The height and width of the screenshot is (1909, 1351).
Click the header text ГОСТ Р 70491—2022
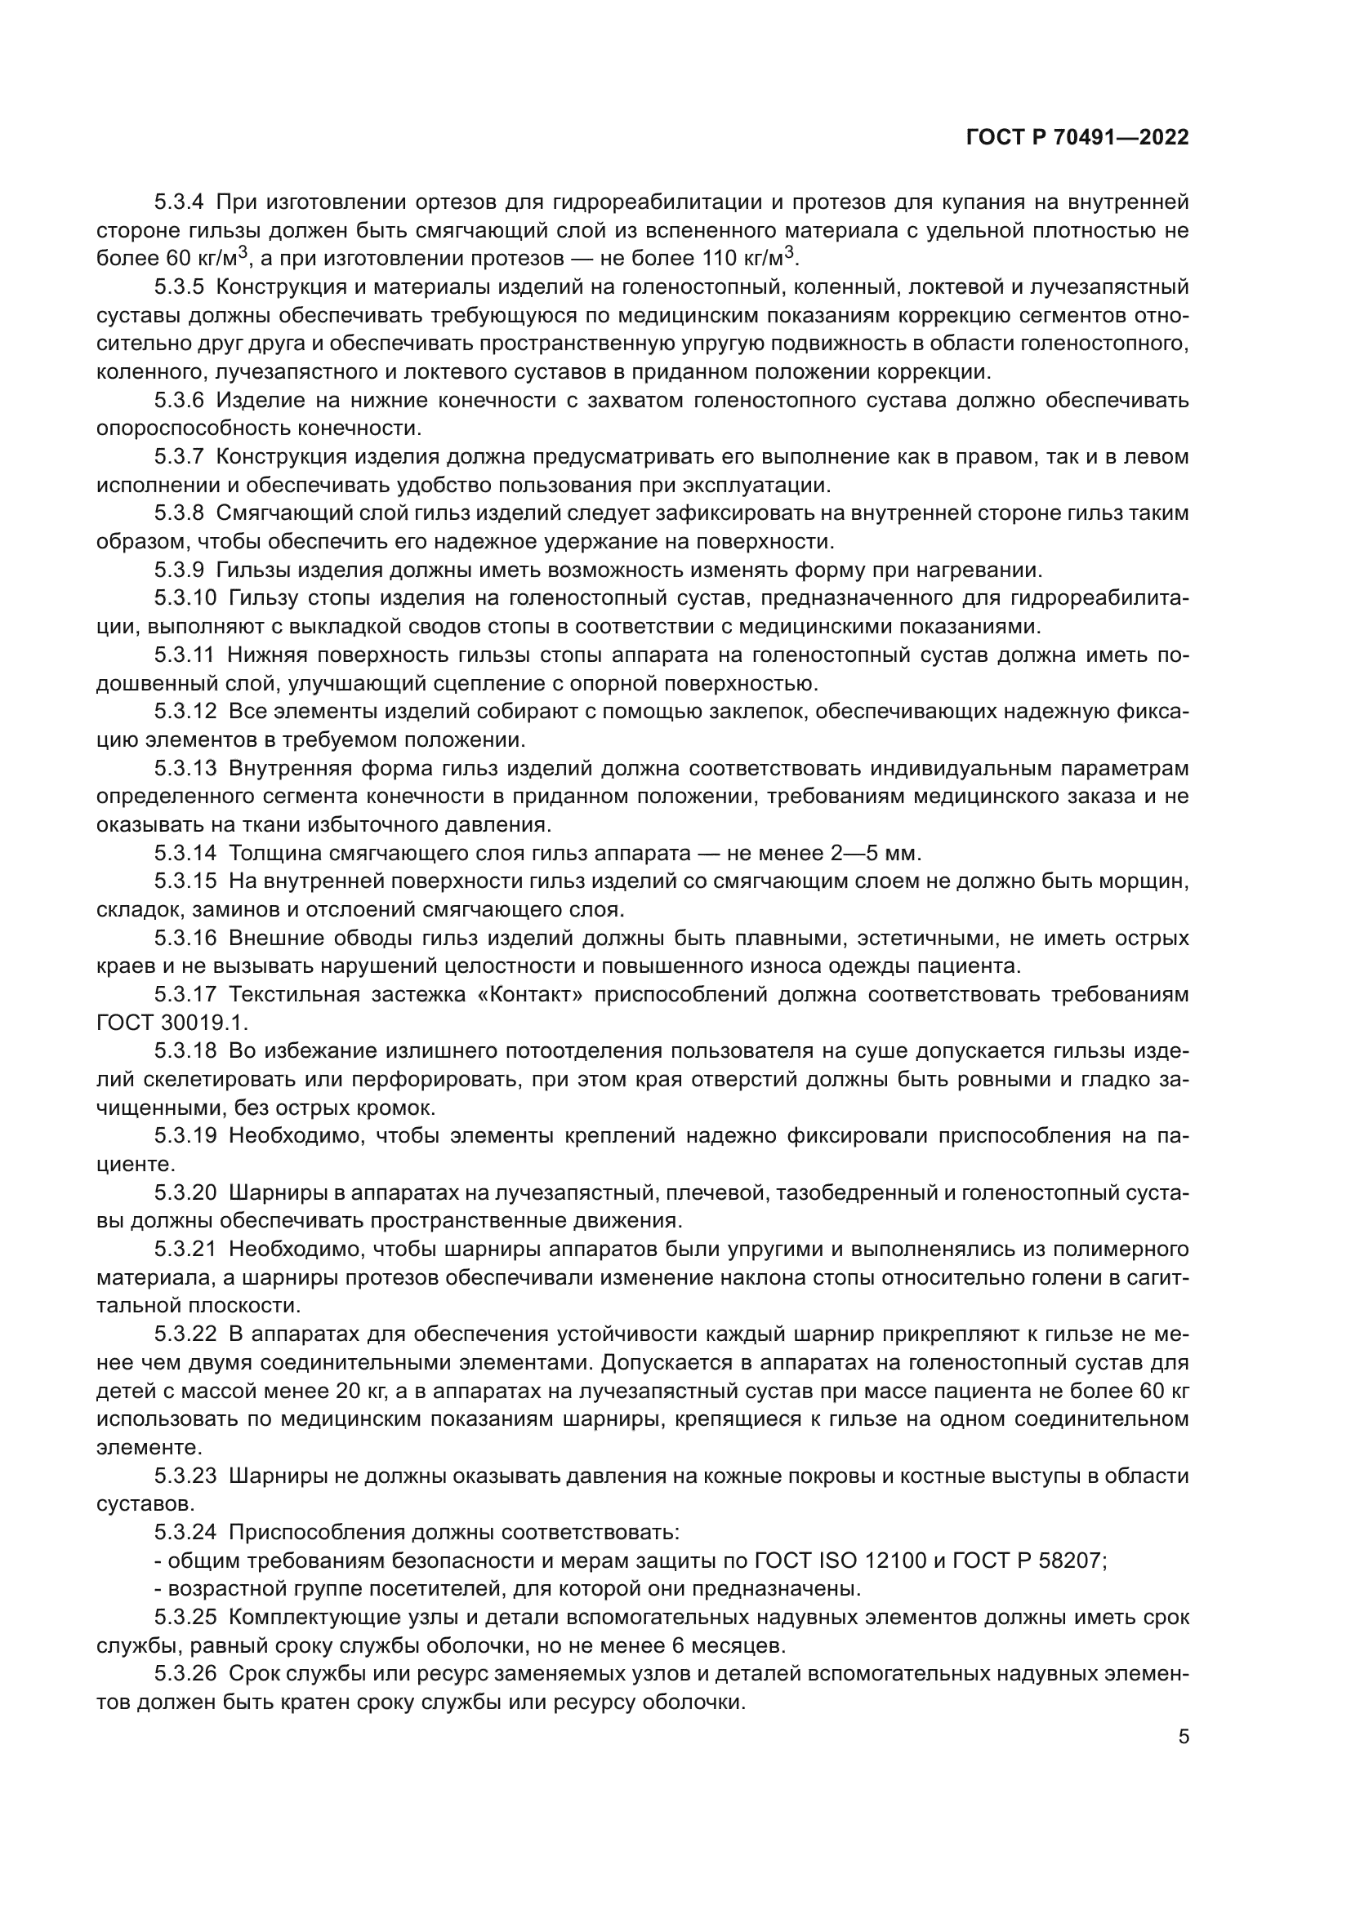point(1077,138)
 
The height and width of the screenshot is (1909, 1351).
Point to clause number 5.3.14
point(185,854)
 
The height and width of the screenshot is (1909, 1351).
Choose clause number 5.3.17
point(185,995)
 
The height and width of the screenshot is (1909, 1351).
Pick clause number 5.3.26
point(185,1674)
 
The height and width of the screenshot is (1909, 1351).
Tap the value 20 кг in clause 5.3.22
point(362,1391)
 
